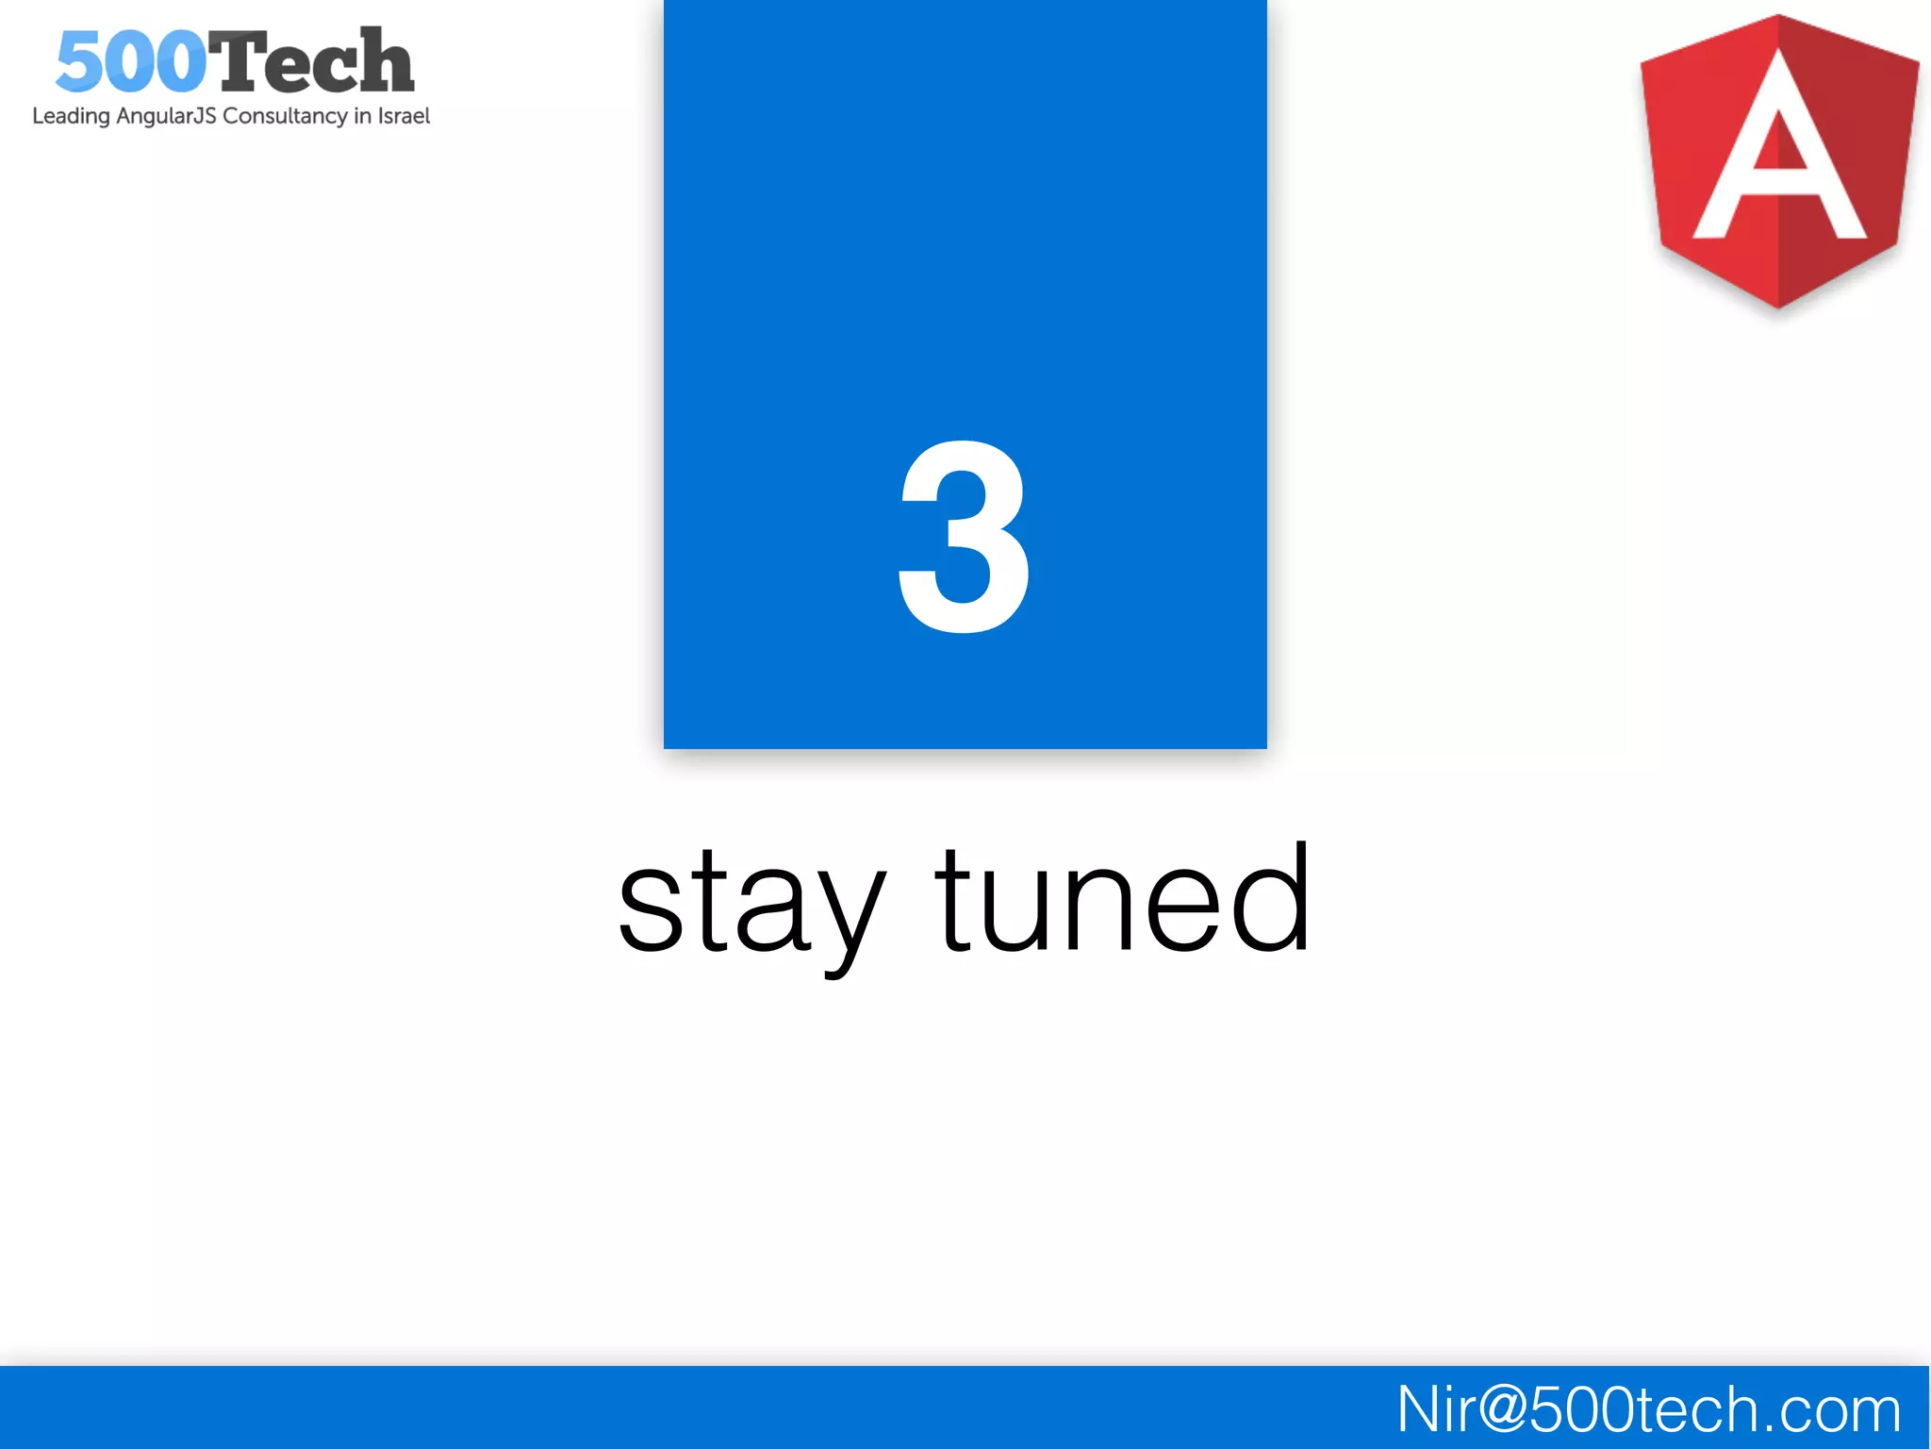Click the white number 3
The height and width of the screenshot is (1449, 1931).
(964, 538)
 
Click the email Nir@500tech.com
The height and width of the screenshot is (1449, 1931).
(1648, 1409)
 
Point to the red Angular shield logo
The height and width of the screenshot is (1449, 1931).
(1779, 160)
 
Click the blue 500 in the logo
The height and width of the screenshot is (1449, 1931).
(131, 62)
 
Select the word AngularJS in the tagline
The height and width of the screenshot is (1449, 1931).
(166, 116)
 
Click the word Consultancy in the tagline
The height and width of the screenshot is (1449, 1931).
(285, 116)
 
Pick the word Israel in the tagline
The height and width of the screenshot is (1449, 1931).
(404, 115)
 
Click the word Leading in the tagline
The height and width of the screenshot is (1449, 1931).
(71, 116)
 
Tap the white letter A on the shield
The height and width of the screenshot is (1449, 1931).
(1779, 151)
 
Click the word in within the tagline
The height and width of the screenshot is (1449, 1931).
(362, 115)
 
